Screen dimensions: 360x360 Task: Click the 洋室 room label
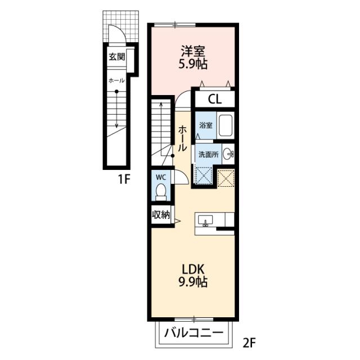[193, 51]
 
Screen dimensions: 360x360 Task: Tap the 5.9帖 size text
[193, 64]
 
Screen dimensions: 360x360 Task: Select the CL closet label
[215, 100]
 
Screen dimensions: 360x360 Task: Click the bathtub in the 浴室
[226, 125]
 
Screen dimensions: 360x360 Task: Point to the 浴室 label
[206, 125]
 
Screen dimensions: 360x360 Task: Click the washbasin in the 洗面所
[228, 154]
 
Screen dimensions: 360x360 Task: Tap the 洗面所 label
[209, 155]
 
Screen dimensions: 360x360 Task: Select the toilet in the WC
[161, 192]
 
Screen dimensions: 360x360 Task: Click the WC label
[161, 177]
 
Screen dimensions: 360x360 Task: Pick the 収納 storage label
[161, 215]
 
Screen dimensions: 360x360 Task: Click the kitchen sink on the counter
[205, 221]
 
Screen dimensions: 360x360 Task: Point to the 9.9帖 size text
[193, 282]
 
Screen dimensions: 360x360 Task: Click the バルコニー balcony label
[193, 332]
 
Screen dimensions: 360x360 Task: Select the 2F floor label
[249, 343]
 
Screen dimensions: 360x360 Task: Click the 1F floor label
[124, 179]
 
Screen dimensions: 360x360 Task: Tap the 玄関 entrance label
[117, 56]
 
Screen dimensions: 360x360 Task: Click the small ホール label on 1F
[116, 80]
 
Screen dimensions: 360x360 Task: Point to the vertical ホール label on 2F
[182, 138]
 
